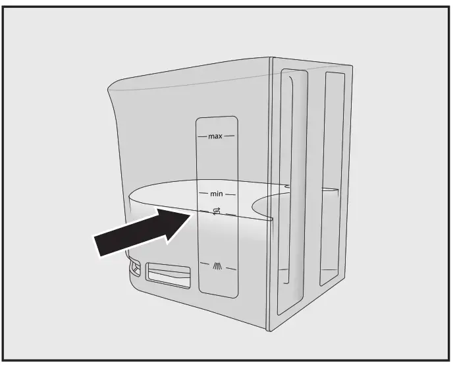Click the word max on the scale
coord(215,137)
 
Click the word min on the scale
coord(217,194)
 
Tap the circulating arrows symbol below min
coord(217,211)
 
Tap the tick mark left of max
coord(202,137)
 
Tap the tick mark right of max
coord(230,137)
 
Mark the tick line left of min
coord(203,194)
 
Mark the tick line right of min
coord(231,194)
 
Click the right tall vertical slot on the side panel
coord(331,178)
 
